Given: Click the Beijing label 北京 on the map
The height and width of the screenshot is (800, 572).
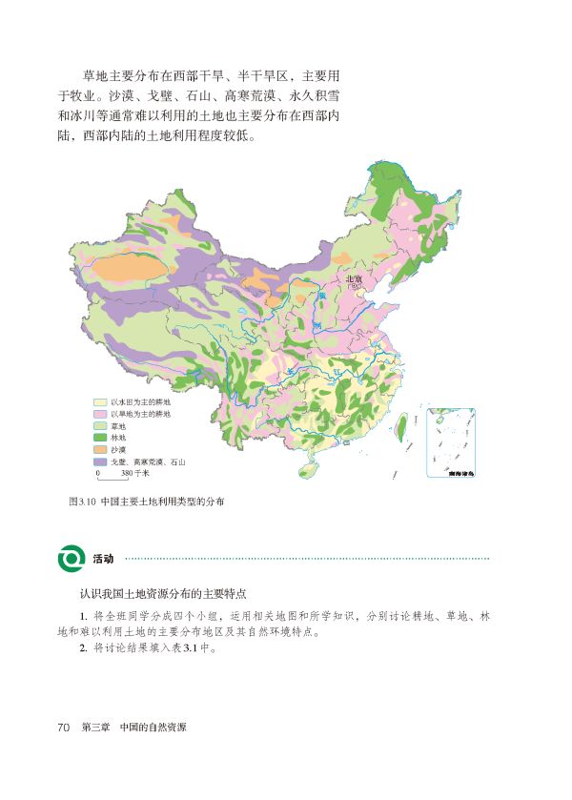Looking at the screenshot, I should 354,278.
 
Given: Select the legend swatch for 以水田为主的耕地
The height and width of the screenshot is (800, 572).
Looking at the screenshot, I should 100,403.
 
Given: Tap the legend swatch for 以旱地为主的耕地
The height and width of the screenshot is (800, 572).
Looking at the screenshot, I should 100,415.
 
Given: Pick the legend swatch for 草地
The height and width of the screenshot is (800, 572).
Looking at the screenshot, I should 100,426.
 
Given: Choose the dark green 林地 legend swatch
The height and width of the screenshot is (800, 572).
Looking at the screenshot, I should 100,438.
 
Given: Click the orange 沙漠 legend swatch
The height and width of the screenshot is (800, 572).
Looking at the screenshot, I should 100,449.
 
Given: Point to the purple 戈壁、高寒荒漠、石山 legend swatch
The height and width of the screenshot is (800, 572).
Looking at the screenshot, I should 100,461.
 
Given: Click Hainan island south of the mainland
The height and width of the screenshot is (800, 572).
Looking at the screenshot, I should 308,469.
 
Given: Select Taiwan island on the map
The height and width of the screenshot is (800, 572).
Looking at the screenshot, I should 401,425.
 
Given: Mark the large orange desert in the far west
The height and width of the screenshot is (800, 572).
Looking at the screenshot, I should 122,266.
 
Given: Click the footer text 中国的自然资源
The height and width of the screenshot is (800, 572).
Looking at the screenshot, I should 153,728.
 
